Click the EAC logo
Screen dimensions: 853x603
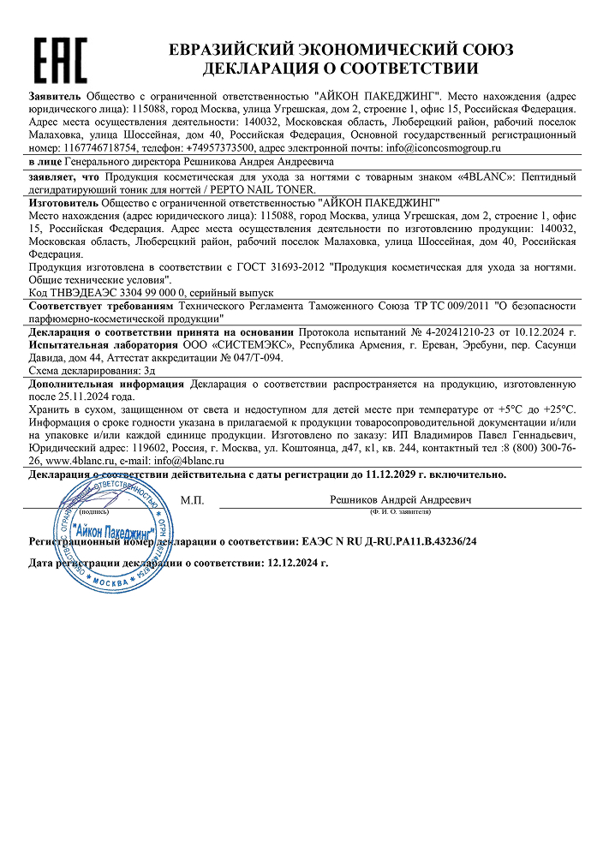(60, 59)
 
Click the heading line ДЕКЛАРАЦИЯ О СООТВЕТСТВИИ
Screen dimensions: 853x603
(340, 69)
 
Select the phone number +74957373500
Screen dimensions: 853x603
(216, 147)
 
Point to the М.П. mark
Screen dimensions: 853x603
(192, 499)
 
